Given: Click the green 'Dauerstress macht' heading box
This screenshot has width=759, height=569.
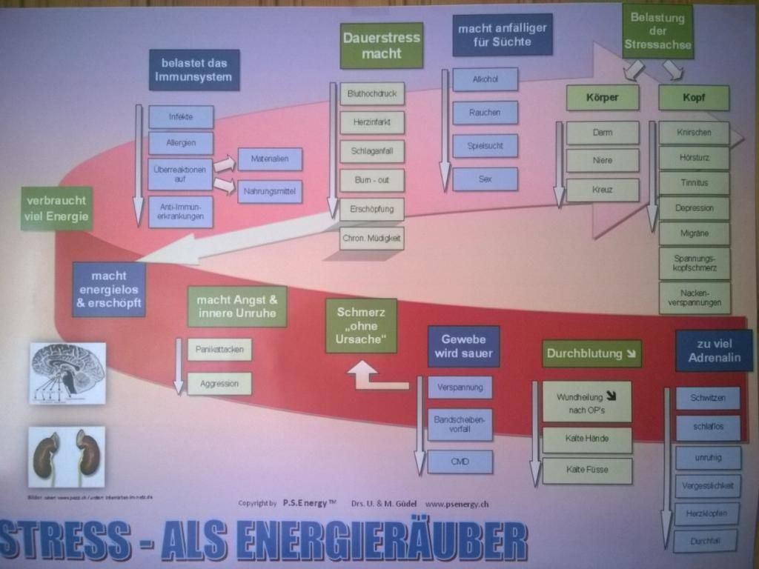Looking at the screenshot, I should (382, 45).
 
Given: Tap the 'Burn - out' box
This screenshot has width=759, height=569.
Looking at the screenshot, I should (372, 180).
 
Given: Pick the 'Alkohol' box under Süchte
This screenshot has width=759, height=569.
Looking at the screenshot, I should (485, 79).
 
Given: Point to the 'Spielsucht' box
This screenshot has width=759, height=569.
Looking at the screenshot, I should (485, 146).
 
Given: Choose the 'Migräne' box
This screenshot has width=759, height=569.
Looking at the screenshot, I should (695, 233).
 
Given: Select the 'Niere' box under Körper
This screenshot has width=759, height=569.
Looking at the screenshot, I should (603, 160).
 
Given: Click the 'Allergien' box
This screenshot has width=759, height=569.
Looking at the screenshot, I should (181, 143).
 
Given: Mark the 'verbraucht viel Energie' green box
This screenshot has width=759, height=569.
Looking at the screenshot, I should (57, 208).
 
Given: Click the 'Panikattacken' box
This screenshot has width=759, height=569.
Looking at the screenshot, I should (219, 349).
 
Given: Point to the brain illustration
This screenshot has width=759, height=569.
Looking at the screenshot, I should (67, 373).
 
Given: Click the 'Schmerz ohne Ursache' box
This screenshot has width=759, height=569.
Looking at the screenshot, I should (361, 326).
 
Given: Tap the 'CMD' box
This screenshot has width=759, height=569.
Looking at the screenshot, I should (460, 462).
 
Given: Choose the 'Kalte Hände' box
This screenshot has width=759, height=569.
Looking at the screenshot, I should (587, 439).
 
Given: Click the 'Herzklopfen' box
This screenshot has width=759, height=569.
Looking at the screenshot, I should (707, 513).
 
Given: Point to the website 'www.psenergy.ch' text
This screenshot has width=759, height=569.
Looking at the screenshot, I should (457, 504).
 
